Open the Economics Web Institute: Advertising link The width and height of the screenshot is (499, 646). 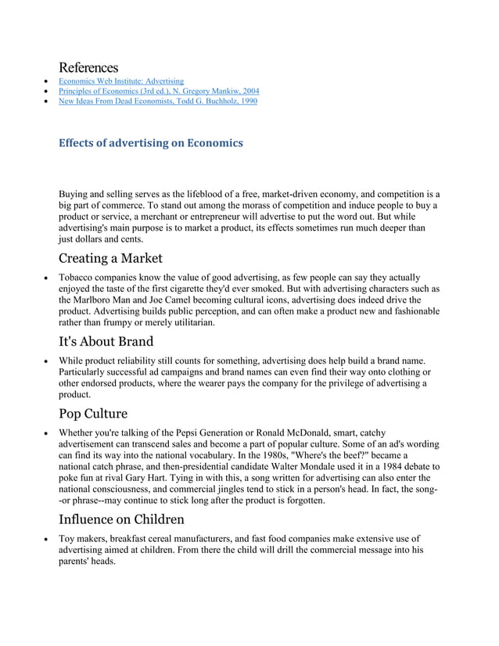pyautogui.click(x=121, y=81)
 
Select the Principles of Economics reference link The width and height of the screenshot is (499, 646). pyautogui.click(x=159, y=91)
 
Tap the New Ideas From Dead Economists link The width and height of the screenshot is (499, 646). pyautogui.click(x=157, y=101)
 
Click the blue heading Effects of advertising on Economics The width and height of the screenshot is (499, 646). pyautogui.click(x=151, y=143)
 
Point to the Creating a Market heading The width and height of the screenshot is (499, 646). pyautogui.click(x=110, y=258)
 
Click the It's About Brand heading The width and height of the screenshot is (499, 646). pyautogui.click(x=106, y=341)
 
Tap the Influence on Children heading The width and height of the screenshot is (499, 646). pyautogui.click(x=121, y=519)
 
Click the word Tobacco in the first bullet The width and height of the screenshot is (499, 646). pyautogui.click(x=77, y=277)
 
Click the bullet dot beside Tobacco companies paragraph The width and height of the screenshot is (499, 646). pyautogui.click(x=48, y=278)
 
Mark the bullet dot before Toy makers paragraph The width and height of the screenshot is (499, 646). pyautogui.click(x=48, y=539)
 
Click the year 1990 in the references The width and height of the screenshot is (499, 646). pyautogui.click(x=246, y=101)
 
